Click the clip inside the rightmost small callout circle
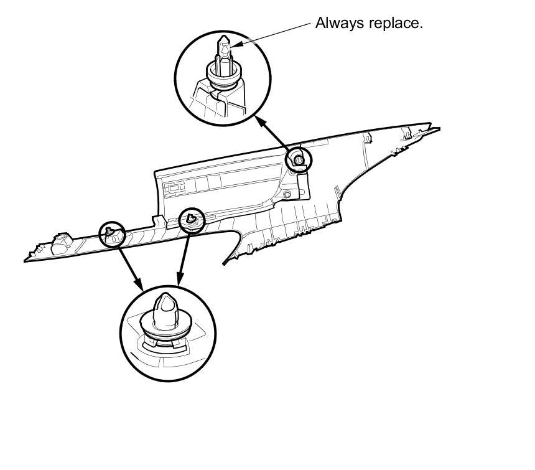299,161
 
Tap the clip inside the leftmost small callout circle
111,233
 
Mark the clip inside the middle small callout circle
192,219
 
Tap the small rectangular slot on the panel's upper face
175,185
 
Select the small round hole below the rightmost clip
287,195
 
